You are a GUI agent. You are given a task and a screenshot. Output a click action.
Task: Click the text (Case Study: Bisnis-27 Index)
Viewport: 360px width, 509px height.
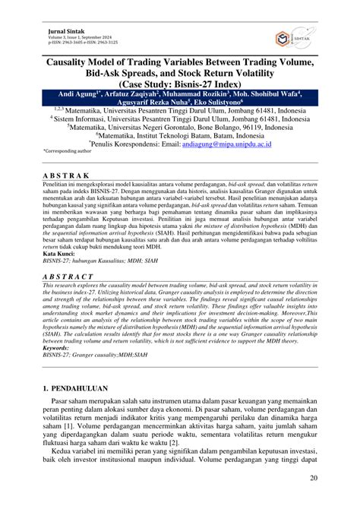tap(179, 82)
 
